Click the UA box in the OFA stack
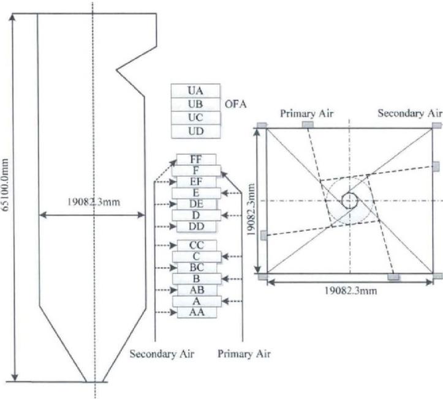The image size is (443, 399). click(x=195, y=91)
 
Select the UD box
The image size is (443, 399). click(x=196, y=132)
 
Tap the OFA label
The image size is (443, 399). click(x=236, y=105)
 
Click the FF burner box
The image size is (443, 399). click(x=196, y=160)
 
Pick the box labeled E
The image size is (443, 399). click(x=196, y=193)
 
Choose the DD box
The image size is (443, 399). click(x=197, y=226)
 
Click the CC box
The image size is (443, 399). click(x=197, y=245)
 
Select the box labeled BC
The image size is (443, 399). click(x=197, y=267)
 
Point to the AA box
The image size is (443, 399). click(x=197, y=312)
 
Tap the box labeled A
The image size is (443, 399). click(x=197, y=301)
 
